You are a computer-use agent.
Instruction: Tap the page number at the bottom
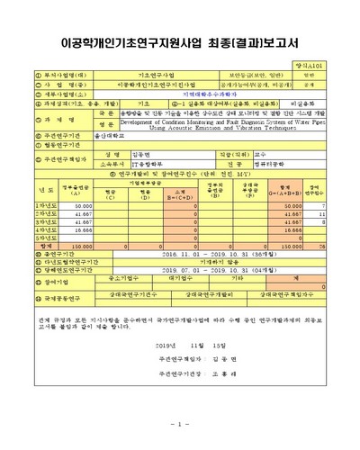(x=179, y=425)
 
